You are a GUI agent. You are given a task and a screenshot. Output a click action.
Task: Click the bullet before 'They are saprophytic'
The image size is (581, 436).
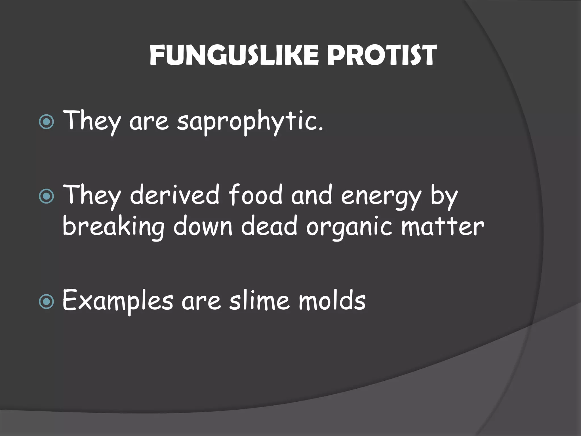click(x=46, y=122)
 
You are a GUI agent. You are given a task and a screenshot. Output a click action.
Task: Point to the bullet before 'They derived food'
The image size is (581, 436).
click(x=46, y=196)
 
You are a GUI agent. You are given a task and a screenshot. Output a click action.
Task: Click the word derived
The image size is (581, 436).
click(x=175, y=195)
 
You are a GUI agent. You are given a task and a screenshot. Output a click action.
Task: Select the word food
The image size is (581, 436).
click(x=255, y=195)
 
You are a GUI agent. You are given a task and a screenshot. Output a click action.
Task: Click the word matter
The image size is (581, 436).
click(x=443, y=227)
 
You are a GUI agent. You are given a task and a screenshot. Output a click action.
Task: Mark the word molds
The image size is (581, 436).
click(x=332, y=300)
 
